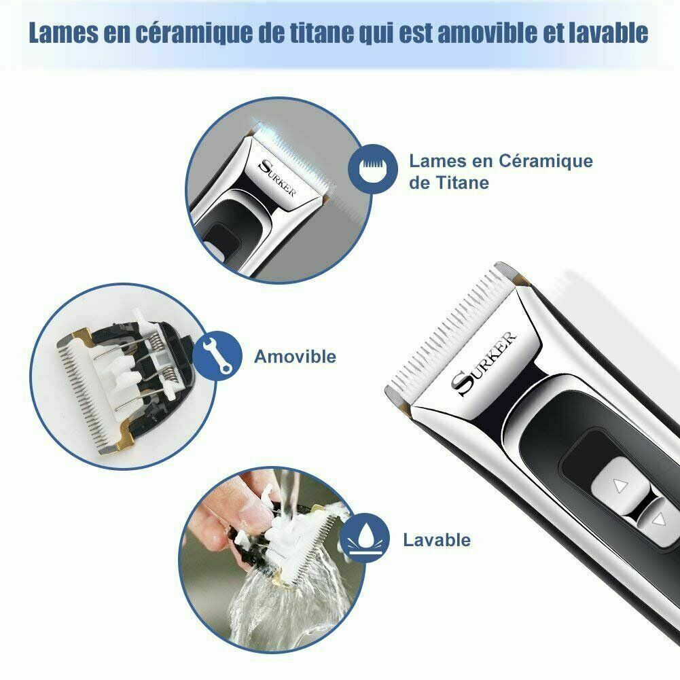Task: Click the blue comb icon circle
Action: click(373, 168)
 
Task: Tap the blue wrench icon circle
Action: click(217, 355)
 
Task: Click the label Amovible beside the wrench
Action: click(295, 357)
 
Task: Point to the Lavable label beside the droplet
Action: click(437, 540)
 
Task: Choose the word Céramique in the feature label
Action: click(545, 161)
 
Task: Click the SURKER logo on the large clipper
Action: click(484, 363)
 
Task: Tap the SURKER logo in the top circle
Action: click(276, 178)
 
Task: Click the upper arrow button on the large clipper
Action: click(620, 485)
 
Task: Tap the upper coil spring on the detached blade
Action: click(156, 338)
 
